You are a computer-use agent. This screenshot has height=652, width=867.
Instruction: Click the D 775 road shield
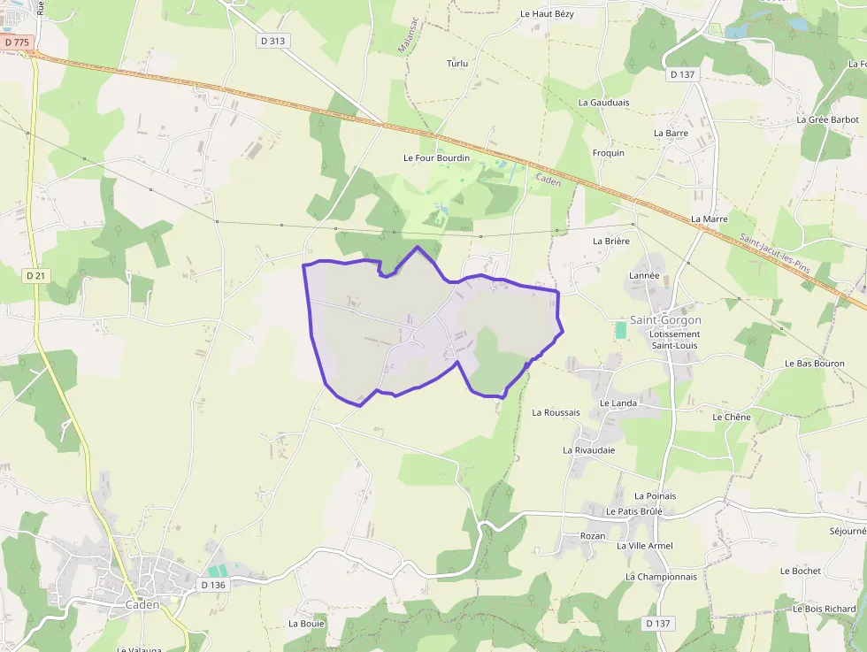(16, 42)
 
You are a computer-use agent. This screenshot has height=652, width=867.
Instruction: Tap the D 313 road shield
(274, 41)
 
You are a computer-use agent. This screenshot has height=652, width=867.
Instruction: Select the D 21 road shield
(35, 276)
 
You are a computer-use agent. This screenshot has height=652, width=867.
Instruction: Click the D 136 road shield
(213, 585)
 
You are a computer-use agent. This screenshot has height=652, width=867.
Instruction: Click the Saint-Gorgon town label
(665, 320)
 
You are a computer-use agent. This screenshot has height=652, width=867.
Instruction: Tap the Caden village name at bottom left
(142, 605)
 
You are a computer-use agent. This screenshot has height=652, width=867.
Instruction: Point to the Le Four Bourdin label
(436, 158)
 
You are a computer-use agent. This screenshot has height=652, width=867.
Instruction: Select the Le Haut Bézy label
(547, 14)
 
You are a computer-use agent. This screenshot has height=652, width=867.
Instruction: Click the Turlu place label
(457, 64)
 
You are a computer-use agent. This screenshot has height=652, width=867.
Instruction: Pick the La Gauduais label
(603, 103)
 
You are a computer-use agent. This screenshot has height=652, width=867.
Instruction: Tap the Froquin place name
(608, 153)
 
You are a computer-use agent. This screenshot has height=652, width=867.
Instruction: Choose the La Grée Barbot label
(827, 119)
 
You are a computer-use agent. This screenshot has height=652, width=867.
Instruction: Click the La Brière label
(610, 241)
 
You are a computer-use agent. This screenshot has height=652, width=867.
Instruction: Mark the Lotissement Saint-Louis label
(674, 340)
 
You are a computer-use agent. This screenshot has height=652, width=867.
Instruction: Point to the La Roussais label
(556, 412)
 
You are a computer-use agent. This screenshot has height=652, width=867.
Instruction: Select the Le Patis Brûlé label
(634, 511)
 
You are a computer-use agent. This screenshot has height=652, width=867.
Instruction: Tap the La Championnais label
(661, 577)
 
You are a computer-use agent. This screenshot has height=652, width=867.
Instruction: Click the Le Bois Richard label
(825, 609)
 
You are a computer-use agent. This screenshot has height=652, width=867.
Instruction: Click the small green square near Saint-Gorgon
(620, 329)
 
